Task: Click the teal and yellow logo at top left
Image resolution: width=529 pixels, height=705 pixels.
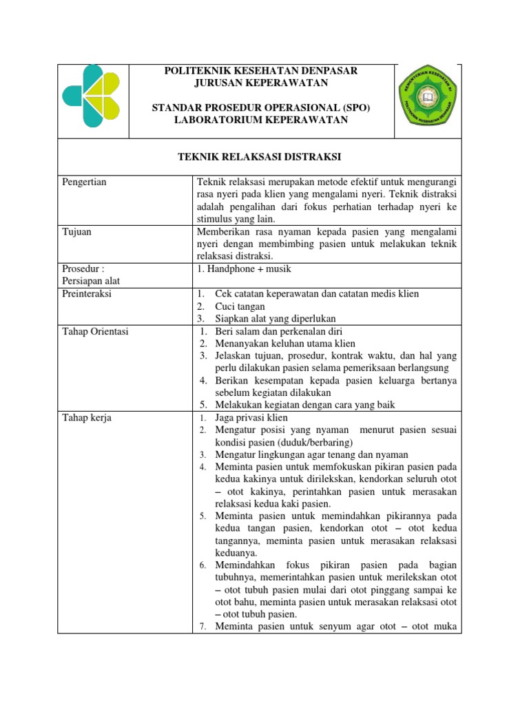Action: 91,97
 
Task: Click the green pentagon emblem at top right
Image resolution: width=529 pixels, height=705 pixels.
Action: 428,102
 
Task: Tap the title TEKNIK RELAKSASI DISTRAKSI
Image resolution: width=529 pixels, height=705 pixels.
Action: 260,157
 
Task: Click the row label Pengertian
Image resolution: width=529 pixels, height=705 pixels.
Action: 85,182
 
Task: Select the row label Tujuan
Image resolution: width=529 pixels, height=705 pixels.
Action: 76,232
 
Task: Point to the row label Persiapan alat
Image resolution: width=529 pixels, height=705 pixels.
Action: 91,281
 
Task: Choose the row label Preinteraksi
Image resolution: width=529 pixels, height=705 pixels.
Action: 87,294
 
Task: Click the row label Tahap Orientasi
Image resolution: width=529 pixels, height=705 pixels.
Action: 95,331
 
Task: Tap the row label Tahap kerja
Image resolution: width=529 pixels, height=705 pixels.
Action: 87,418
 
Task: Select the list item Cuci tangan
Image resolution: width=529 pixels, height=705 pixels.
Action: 240,306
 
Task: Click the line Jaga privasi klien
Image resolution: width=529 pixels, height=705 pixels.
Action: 251,418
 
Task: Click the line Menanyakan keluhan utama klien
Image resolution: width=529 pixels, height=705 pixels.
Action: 285,344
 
